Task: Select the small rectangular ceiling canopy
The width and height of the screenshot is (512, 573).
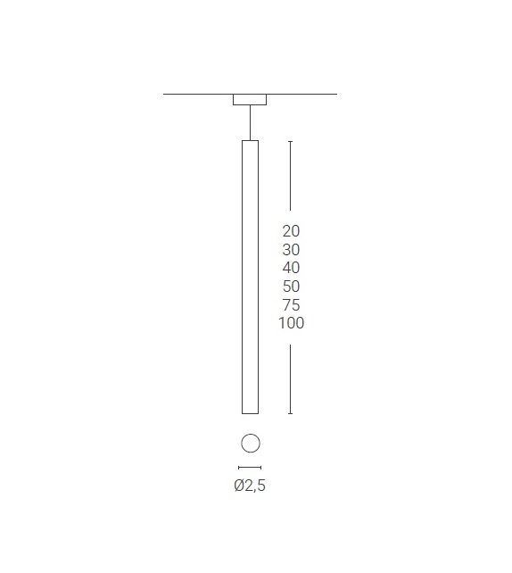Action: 250,100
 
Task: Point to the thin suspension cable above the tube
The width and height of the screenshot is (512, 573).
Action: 250,122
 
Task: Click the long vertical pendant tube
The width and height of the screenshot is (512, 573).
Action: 250,277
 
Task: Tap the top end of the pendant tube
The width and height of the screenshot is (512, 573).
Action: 250,142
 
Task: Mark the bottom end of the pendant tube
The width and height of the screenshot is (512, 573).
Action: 250,412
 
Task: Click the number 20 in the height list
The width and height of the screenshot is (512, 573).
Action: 291,231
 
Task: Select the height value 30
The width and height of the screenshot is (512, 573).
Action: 291,250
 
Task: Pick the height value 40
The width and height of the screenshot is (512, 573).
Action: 291,268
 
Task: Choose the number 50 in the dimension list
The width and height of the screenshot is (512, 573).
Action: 291,286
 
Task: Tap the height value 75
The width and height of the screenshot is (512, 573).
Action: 291,305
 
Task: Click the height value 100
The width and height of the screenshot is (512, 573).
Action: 291,323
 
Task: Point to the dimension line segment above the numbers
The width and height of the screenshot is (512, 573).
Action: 290,179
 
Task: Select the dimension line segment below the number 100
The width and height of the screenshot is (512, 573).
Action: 290,379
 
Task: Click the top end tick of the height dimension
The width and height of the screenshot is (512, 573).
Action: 290,141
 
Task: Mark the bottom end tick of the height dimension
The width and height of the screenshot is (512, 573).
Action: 290,413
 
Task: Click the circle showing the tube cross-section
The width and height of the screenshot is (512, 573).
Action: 250,443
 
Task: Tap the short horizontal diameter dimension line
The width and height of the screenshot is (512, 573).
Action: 250,467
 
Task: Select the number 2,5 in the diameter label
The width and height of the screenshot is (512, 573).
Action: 256,486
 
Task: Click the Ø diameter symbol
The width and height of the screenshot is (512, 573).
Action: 239,486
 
